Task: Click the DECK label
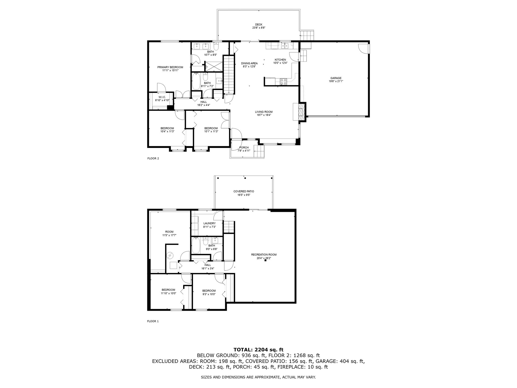(258, 25)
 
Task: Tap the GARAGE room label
(336, 78)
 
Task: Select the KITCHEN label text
(280, 60)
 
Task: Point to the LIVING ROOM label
(264, 112)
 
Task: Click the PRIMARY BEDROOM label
(170, 67)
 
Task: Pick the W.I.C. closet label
(162, 97)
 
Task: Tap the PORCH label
(244, 147)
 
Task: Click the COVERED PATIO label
(244, 192)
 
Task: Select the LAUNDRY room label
(209, 223)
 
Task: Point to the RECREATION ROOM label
(264, 255)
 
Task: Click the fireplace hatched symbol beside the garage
(302, 112)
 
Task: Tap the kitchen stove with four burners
(284, 82)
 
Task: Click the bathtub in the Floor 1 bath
(196, 245)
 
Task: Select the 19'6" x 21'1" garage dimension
(336, 81)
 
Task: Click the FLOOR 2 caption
(153, 158)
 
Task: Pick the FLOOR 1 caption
(153, 321)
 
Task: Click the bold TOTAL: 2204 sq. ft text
(258, 350)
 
